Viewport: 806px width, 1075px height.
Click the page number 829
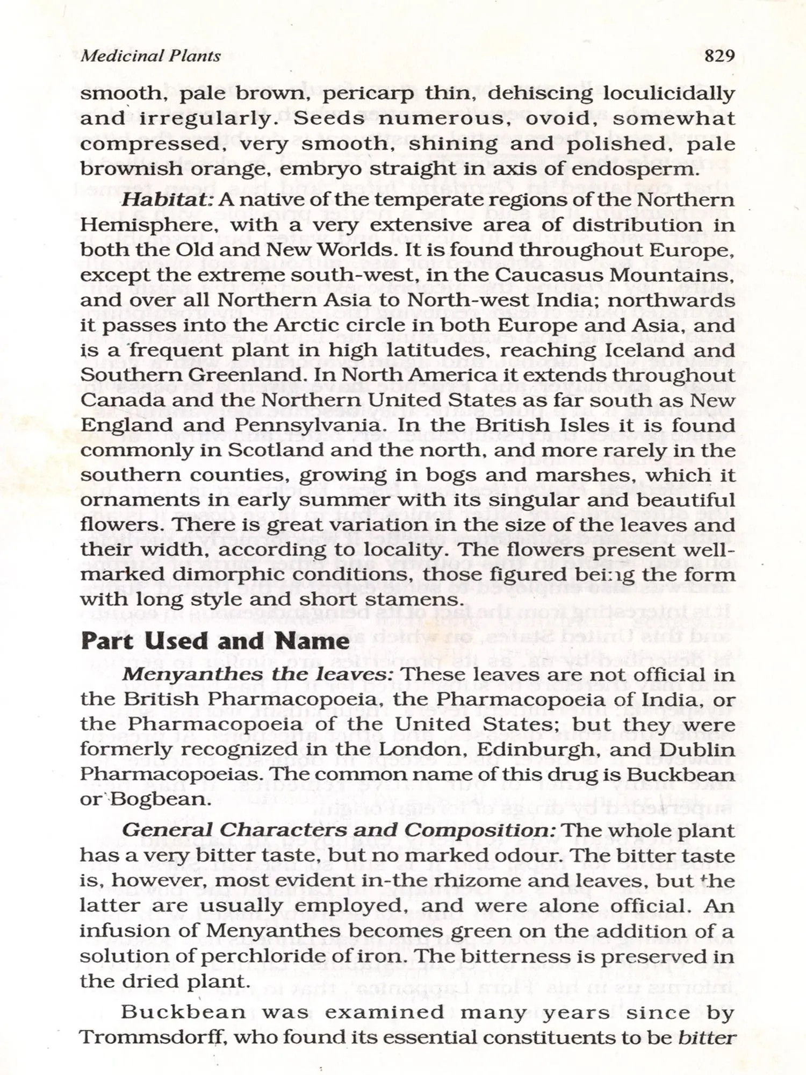coord(719,56)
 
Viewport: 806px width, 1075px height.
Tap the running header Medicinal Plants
coord(150,56)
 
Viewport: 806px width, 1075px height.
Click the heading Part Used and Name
coord(215,641)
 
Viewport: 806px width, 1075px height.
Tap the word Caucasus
coord(552,275)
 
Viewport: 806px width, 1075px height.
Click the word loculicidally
coord(668,94)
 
